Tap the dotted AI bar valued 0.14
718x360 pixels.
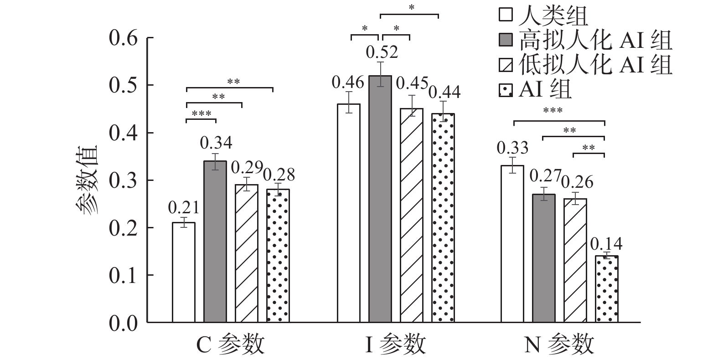click(607, 289)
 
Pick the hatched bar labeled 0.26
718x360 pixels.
click(575, 260)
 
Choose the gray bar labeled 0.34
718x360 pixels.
click(215, 242)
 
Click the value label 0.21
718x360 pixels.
click(184, 208)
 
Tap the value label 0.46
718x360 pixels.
click(348, 83)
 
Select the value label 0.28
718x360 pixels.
click(279, 175)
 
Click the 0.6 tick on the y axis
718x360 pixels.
click(123, 38)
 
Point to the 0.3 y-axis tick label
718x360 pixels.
click(123, 180)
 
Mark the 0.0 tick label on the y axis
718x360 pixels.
click(123, 323)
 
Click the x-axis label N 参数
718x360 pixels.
click(559, 345)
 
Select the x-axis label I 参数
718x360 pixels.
click(395, 345)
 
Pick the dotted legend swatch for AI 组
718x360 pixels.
click(506, 90)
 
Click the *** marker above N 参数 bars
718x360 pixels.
click(553, 111)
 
